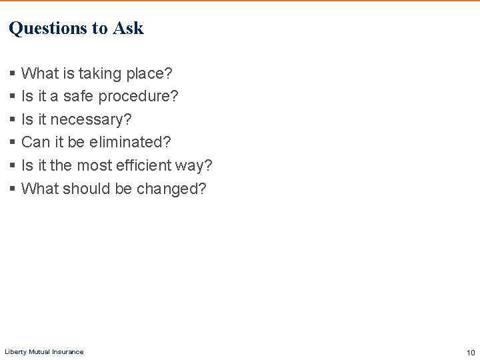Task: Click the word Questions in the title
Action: point(48,28)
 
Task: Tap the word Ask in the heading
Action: point(128,28)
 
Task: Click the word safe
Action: point(79,97)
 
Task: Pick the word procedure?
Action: point(138,97)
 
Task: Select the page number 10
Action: point(471,352)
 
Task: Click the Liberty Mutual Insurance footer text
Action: point(44,352)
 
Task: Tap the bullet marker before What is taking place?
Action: point(12,73)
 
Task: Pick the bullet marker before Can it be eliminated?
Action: point(12,143)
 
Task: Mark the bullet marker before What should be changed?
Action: point(12,189)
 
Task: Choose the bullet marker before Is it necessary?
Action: point(12,120)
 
